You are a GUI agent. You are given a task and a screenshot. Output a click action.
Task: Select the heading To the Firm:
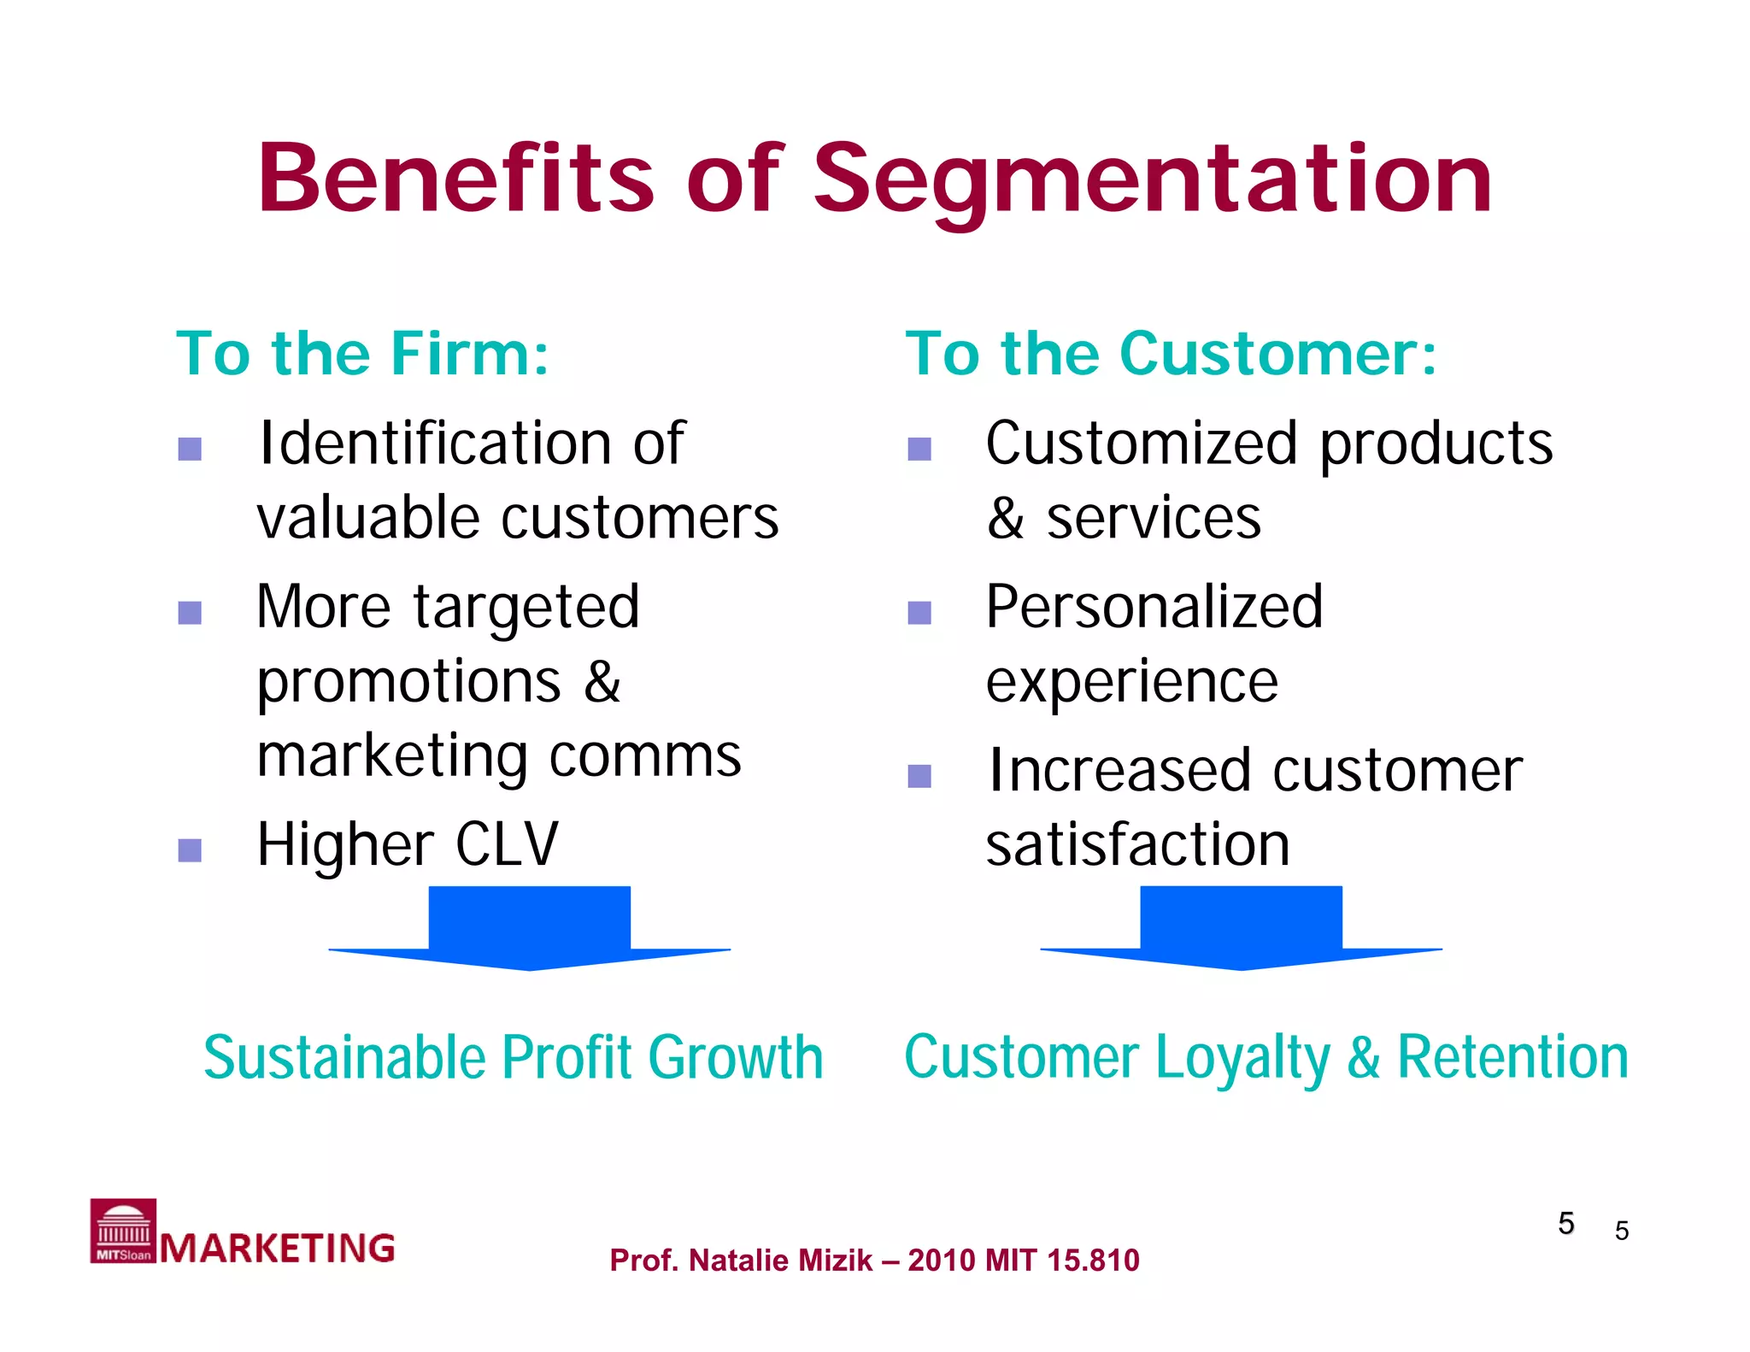pyautogui.click(x=362, y=354)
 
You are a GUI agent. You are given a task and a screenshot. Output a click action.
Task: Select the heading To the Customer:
pyautogui.click(x=1172, y=354)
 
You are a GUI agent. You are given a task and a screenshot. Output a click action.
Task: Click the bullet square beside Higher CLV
pyautogui.click(x=190, y=849)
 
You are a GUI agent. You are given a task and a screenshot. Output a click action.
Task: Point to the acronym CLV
pyautogui.click(x=507, y=844)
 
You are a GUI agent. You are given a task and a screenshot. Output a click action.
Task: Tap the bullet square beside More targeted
pyautogui.click(x=190, y=612)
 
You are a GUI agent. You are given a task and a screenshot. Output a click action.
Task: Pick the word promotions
pyautogui.click(x=409, y=682)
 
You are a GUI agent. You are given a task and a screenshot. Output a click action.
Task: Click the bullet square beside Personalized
pyautogui.click(x=919, y=612)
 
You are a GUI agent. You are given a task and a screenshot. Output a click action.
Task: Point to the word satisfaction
pyautogui.click(x=1137, y=844)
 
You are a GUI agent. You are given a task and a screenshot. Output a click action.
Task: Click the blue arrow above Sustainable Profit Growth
pyautogui.click(x=530, y=927)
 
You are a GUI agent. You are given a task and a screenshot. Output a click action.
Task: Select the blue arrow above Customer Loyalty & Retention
pyautogui.click(x=1241, y=927)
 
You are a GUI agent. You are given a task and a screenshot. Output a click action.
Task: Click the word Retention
pyautogui.click(x=1512, y=1058)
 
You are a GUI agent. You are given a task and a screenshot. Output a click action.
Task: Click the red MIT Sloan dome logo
pyautogui.click(x=123, y=1231)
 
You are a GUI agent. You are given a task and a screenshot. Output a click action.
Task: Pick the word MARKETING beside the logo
pyautogui.click(x=278, y=1249)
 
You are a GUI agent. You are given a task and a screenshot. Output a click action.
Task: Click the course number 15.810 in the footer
pyautogui.click(x=1093, y=1261)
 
